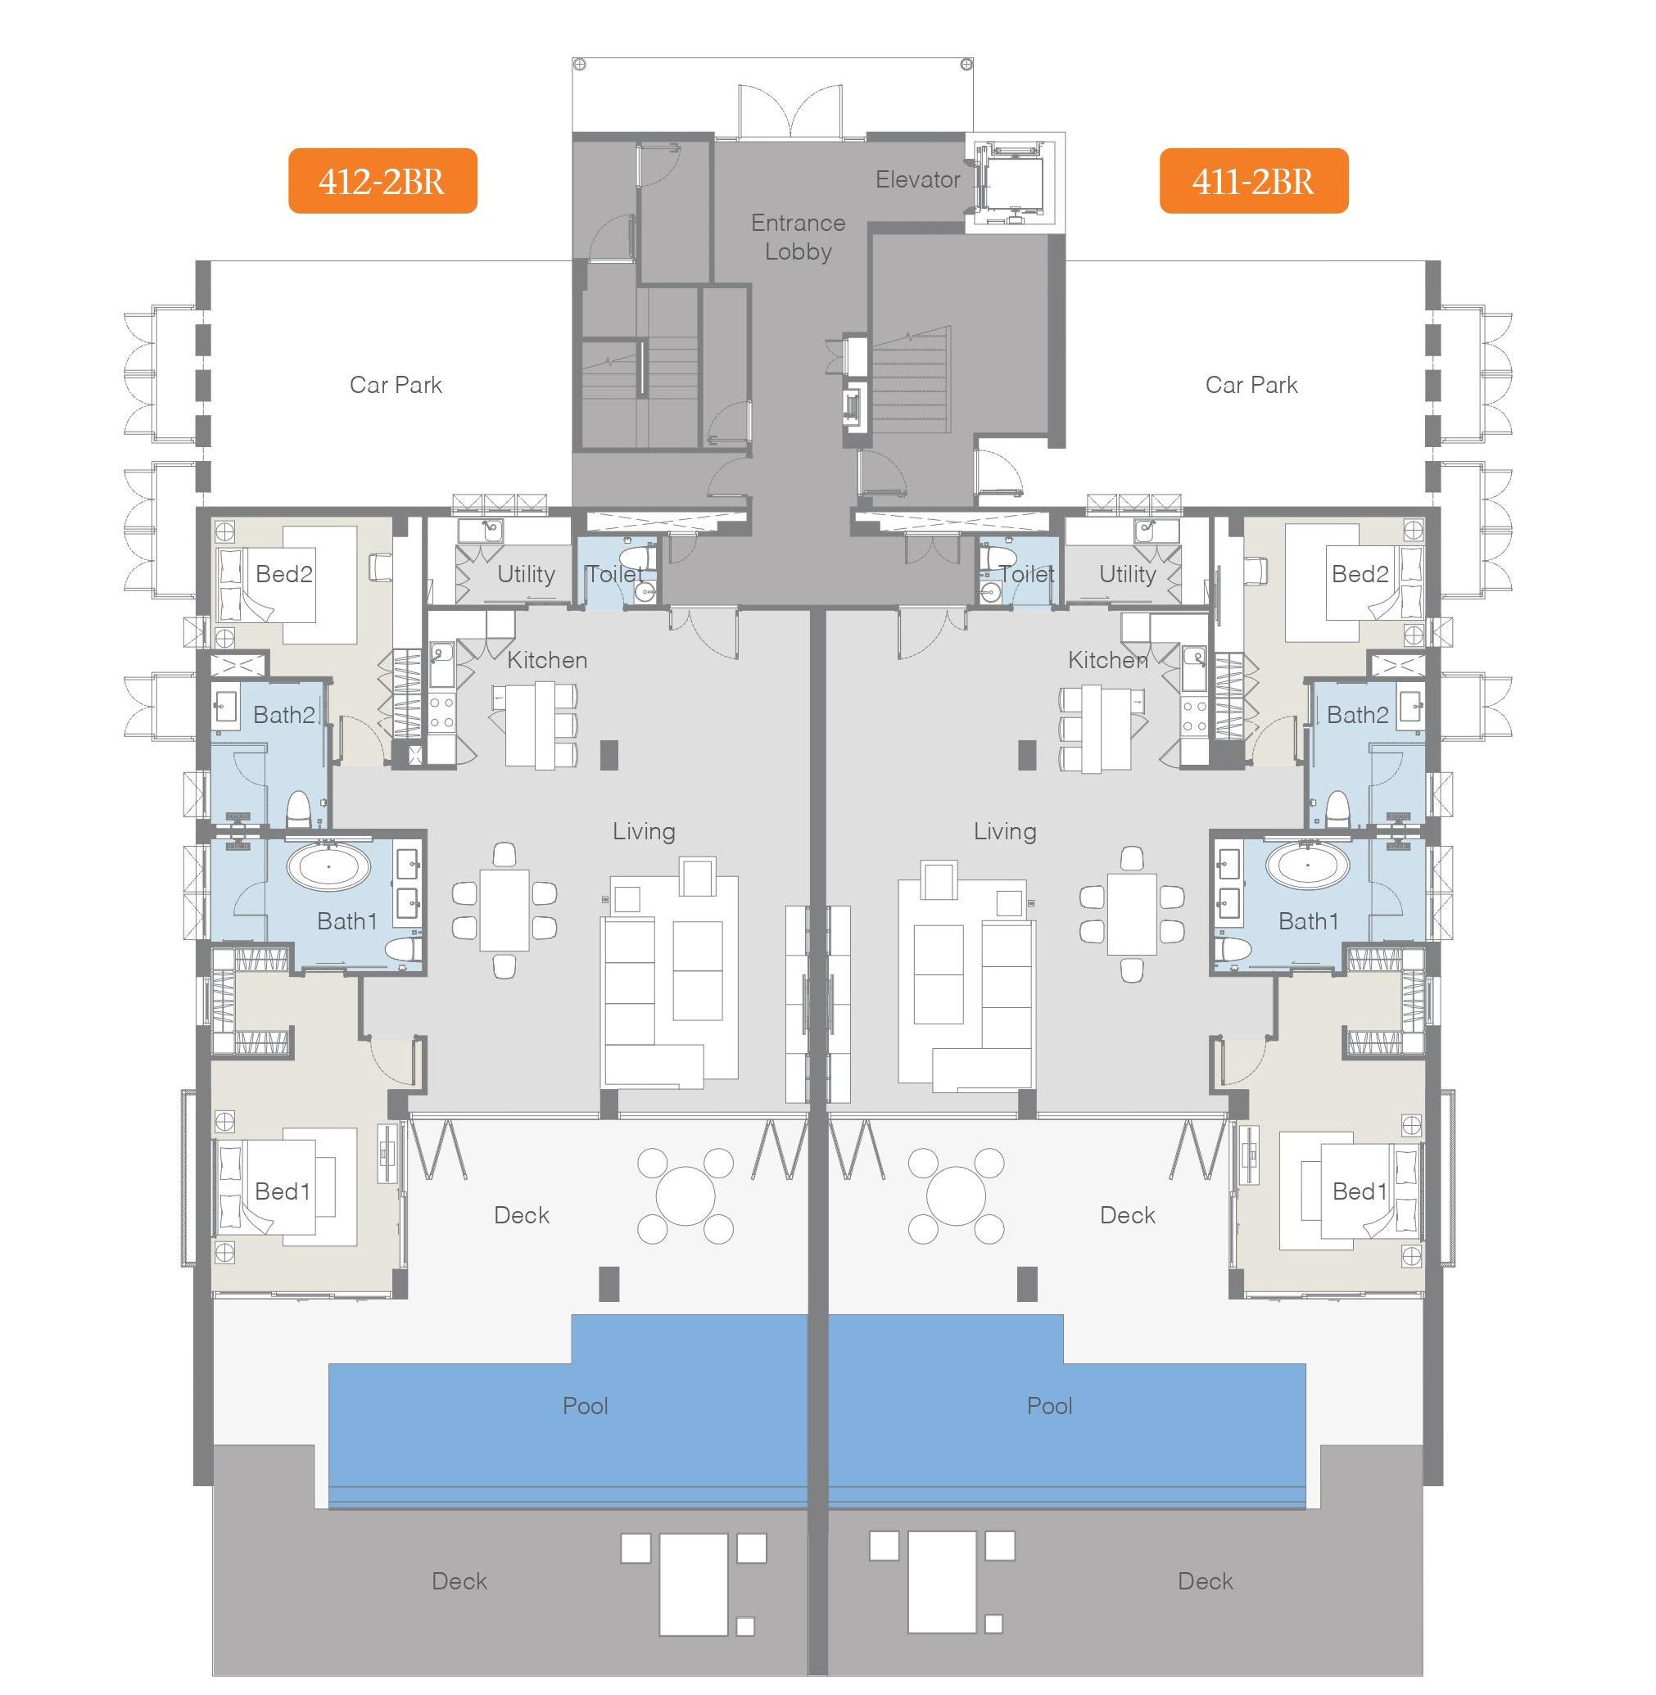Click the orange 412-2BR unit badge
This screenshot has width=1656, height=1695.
tap(382, 181)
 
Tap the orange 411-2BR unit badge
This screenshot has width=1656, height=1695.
tap(1253, 181)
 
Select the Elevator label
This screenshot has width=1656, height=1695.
tap(917, 180)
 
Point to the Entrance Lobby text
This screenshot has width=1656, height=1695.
tap(799, 237)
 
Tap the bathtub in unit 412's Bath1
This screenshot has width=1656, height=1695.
tap(328, 867)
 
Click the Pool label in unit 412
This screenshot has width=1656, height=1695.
tap(586, 1406)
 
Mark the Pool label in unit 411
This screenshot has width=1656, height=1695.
tap(1050, 1406)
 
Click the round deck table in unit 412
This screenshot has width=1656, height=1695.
tap(685, 1196)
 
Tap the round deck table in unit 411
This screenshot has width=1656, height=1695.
tap(956, 1196)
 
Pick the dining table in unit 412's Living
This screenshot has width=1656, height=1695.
tap(504, 911)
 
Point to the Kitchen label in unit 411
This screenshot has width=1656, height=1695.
tap(1108, 660)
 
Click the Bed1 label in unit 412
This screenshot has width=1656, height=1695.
tap(283, 1191)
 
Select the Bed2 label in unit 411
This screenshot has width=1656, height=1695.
tap(1360, 574)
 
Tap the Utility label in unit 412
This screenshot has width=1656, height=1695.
tap(526, 574)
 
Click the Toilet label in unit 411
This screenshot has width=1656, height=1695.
tap(1027, 574)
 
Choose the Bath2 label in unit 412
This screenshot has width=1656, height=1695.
tap(284, 715)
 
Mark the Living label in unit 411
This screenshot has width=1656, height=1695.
tap(1006, 831)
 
